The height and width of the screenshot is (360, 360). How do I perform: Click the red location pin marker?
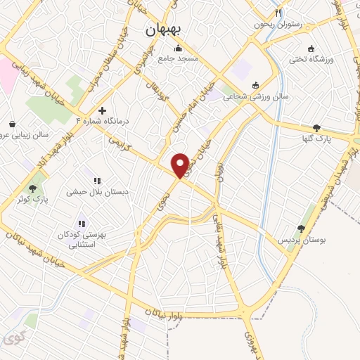[180, 165]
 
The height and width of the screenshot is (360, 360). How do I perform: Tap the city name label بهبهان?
[162, 30]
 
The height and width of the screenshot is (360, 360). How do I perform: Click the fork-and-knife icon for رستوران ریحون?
[278, 13]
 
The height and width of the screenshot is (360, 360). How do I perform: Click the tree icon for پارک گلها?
[316, 128]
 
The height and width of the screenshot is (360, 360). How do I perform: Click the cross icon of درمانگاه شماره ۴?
[103, 110]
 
